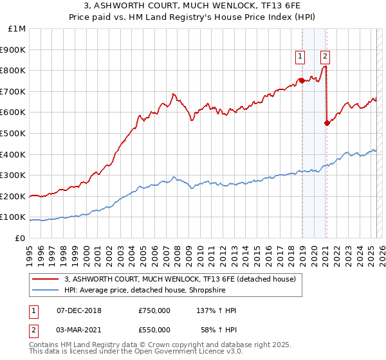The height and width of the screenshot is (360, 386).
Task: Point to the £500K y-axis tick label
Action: [x=14, y=133]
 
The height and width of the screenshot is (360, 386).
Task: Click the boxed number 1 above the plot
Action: [x=300, y=57]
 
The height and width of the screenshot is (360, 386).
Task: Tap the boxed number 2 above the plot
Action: [x=326, y=57]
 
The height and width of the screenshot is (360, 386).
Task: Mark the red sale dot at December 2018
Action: [x=302, y=80]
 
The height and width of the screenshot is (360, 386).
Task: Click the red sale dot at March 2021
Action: [x=327, y=123]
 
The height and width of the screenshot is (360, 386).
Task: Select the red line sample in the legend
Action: [x=45, y=279]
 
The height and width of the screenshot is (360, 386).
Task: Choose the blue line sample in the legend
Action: [x=45, y=290]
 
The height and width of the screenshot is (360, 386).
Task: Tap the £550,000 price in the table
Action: [x=154, y=329]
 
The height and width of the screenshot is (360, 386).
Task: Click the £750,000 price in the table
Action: [x=154, y=310]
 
